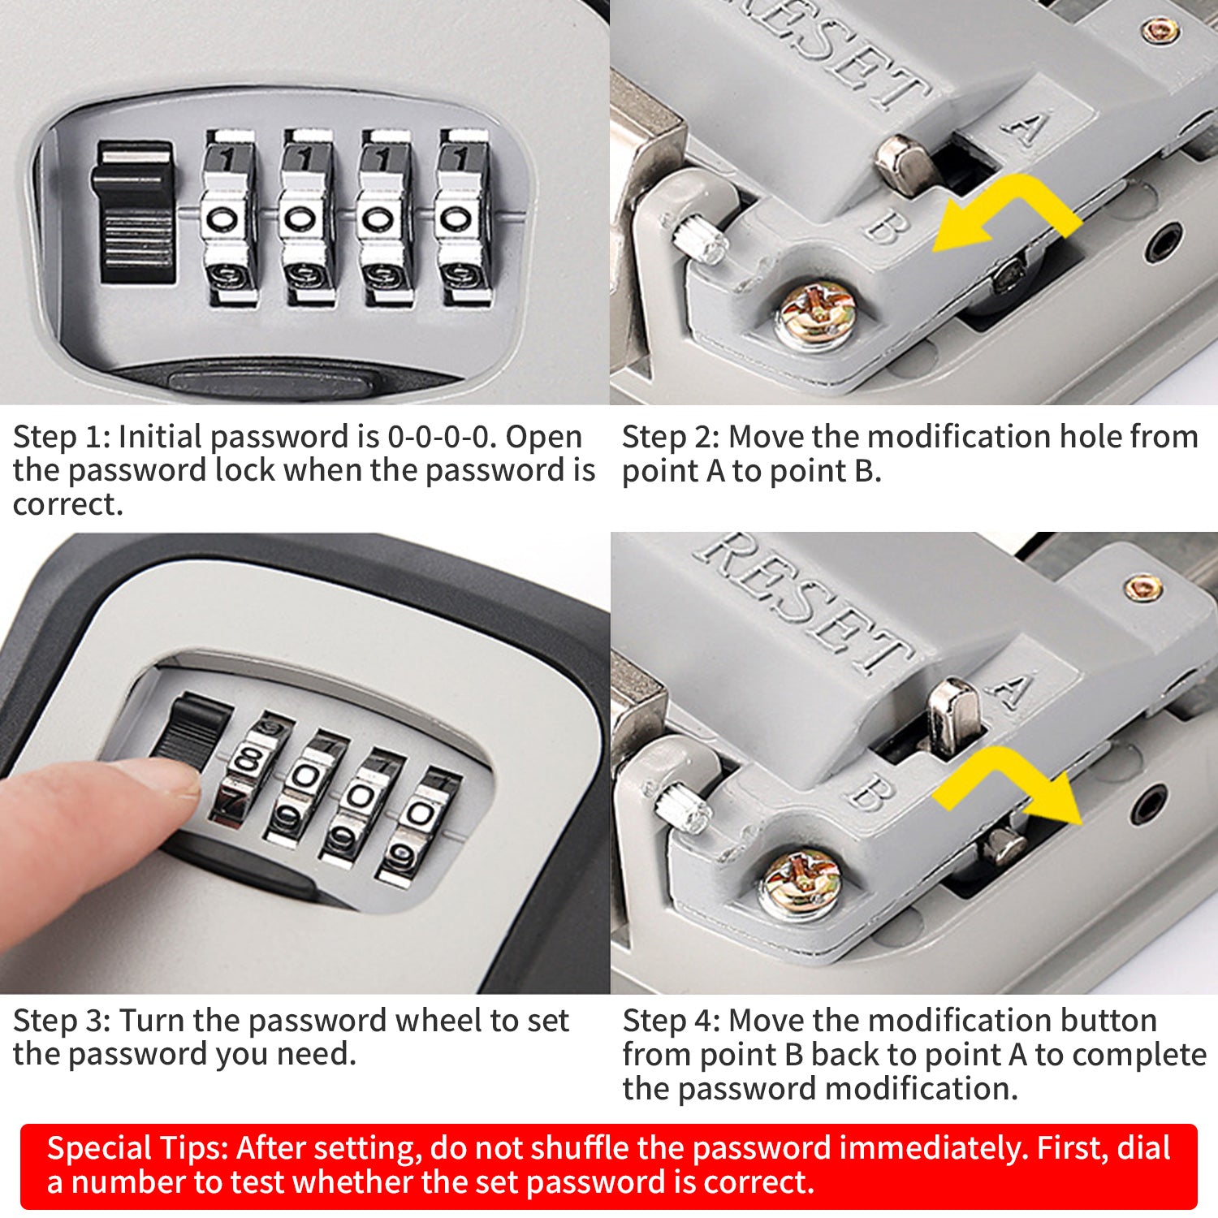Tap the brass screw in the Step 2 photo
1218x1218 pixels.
pyautogui.click(x=815, y=315)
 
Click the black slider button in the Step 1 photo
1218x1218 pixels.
pyautogui.click(x=136, y=213)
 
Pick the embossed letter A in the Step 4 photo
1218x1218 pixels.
pyautogui.click(x=1012, y=689)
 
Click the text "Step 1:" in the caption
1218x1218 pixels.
pyautogui.click(x=62, y=438)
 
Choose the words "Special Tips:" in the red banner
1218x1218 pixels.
pyautogui.click(x=138, y=1149)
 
